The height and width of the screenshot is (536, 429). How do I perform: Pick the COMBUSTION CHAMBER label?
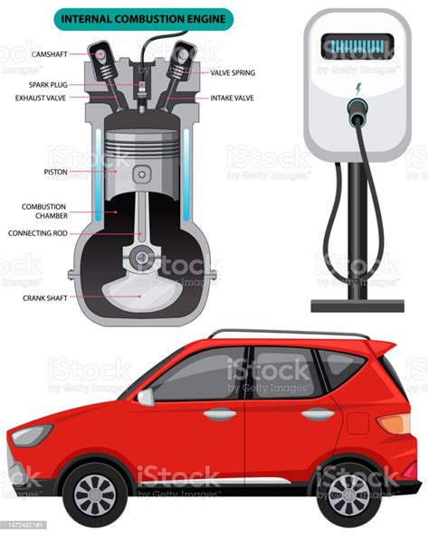click(x=45, y=212)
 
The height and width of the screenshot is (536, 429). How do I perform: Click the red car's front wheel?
click(x=95, y=494)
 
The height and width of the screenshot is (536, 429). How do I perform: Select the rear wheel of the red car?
click(x=348, y=494)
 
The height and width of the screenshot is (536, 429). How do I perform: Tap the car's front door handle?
click(x=220, y=414)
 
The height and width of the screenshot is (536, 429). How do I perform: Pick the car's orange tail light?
click(x=395, y=423)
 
